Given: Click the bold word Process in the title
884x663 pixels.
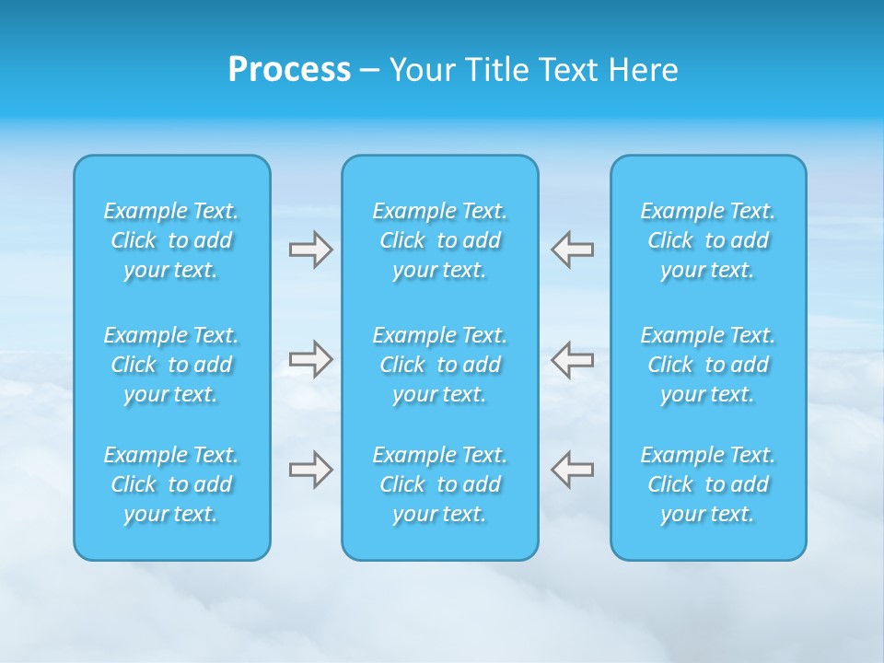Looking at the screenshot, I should (289, 70).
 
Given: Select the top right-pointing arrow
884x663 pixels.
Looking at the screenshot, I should (311, 250).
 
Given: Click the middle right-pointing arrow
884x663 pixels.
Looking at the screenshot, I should (311, 359).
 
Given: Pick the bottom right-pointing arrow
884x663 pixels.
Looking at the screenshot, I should (311, 470).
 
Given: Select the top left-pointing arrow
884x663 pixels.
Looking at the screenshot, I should (572, 250).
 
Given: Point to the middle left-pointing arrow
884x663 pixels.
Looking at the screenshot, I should (572, 359).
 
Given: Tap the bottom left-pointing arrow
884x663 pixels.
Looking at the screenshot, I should (572, 470).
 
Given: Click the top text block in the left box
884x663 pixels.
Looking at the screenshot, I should (171, 240).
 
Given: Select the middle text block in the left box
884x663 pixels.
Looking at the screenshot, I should (171, 365).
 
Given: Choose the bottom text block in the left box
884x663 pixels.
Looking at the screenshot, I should (171, 484).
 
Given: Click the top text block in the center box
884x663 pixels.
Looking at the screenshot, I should (440, 240).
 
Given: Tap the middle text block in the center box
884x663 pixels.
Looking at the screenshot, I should (440, 365).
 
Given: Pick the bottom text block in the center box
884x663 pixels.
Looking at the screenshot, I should (440, 484).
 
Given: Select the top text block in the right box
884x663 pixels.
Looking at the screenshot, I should (708, 240).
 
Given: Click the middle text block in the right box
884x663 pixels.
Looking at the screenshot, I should (708, 365).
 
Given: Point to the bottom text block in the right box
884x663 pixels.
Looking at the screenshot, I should (708, 484).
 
